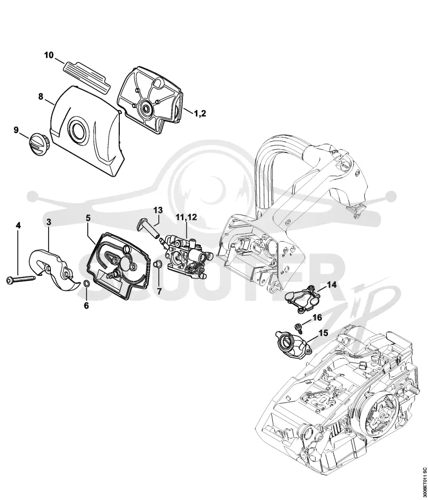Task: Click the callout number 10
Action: [49, 55]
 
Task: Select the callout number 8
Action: [41, 96]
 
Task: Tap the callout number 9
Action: [16, 130]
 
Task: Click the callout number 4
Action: [18, 226]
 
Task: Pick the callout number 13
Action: [158, 210]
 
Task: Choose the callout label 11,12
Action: [186, 218]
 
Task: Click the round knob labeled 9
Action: [37, 144]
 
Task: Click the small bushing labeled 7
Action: [157, 265]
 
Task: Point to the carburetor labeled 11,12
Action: [187, 258]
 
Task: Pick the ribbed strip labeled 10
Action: [87, 76]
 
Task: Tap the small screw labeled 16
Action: [299, 327]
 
